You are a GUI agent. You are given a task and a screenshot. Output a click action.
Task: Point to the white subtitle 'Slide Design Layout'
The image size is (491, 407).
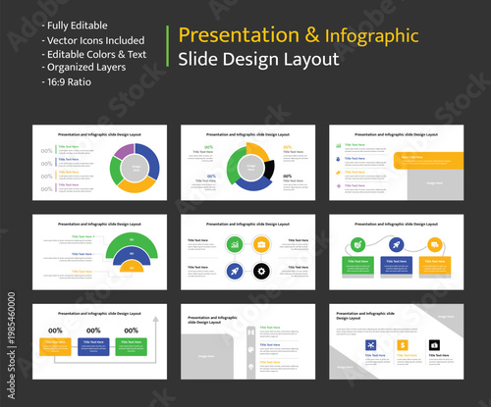[x=258, y=59]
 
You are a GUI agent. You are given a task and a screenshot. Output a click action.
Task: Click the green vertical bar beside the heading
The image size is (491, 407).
[x=169, y=46]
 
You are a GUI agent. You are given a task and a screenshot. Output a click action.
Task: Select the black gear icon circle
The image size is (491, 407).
[x=261, y=271]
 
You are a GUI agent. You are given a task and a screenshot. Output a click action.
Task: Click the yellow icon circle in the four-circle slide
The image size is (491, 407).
[x=261, y=244]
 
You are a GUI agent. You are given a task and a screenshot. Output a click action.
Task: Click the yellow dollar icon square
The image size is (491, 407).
[x=402, y=344]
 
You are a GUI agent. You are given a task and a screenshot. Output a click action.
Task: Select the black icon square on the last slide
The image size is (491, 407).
[x=434, y=344]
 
